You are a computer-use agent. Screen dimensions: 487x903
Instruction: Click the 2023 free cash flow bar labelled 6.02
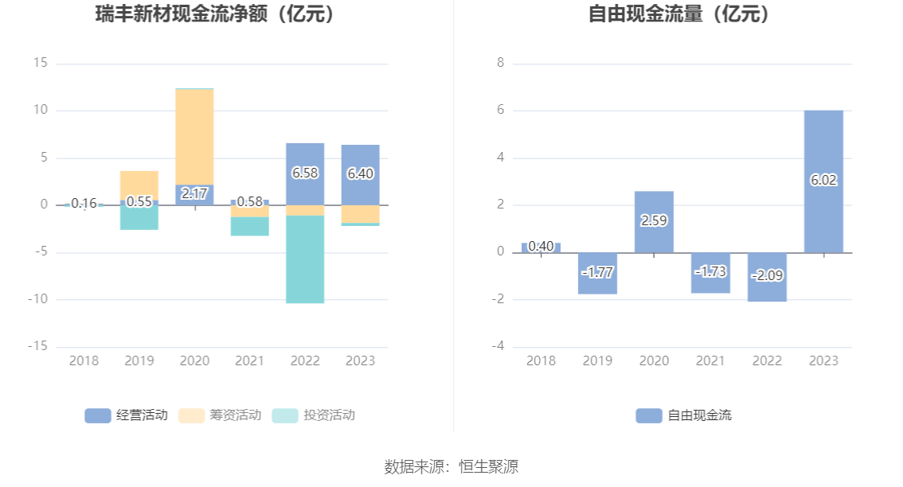pos(823,181)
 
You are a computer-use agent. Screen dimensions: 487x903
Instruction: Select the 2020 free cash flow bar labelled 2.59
pos(654,222)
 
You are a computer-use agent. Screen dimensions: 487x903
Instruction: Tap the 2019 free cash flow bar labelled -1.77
pos(597,273)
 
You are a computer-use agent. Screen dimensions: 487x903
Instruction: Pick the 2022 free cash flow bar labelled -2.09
pos(767,277)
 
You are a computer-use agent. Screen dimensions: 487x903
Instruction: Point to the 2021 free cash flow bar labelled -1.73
pos(710,272)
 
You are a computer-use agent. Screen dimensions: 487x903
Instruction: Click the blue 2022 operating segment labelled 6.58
pos(305,173)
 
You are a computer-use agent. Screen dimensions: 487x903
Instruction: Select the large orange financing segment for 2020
pos(194,136)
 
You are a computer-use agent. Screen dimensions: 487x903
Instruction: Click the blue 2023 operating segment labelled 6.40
pos(360,174)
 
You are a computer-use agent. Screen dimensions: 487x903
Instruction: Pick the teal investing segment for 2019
pos(139,219)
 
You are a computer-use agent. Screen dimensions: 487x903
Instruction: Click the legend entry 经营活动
pos(127,415)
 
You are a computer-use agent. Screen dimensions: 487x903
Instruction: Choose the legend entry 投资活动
pos(314,415)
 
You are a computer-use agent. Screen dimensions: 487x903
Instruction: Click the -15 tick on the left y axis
pos(38,347)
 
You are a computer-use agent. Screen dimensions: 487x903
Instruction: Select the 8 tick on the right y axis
pos(500,63)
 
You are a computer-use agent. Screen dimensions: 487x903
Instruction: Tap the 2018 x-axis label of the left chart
pos(84,361)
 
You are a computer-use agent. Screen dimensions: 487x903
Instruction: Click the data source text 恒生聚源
pos(488,467)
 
